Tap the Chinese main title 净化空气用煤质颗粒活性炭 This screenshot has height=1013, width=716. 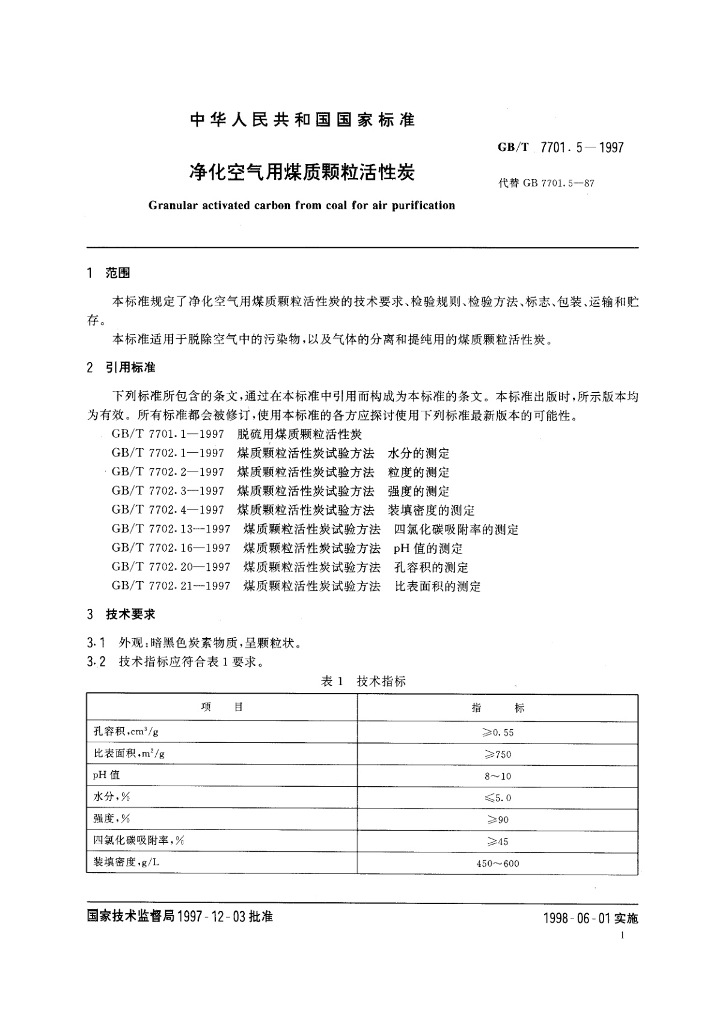(302, 173)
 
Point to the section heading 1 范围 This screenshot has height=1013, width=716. (109, 273)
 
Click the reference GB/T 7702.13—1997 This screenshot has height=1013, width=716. (171, 529)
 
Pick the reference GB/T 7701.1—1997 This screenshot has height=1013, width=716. (168, 434)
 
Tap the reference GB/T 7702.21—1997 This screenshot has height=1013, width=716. (171, 586)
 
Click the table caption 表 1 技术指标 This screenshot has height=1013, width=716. (363, 681)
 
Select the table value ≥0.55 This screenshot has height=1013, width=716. (498, 733)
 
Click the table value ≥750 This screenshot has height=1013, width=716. (498, 754)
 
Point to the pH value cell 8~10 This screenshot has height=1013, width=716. (498, 776)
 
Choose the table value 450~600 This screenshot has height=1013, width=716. (498, 863)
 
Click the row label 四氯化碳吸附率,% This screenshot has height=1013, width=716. (138, 840)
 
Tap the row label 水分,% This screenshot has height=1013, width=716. (111, 797)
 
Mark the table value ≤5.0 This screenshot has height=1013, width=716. (498, 798)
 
